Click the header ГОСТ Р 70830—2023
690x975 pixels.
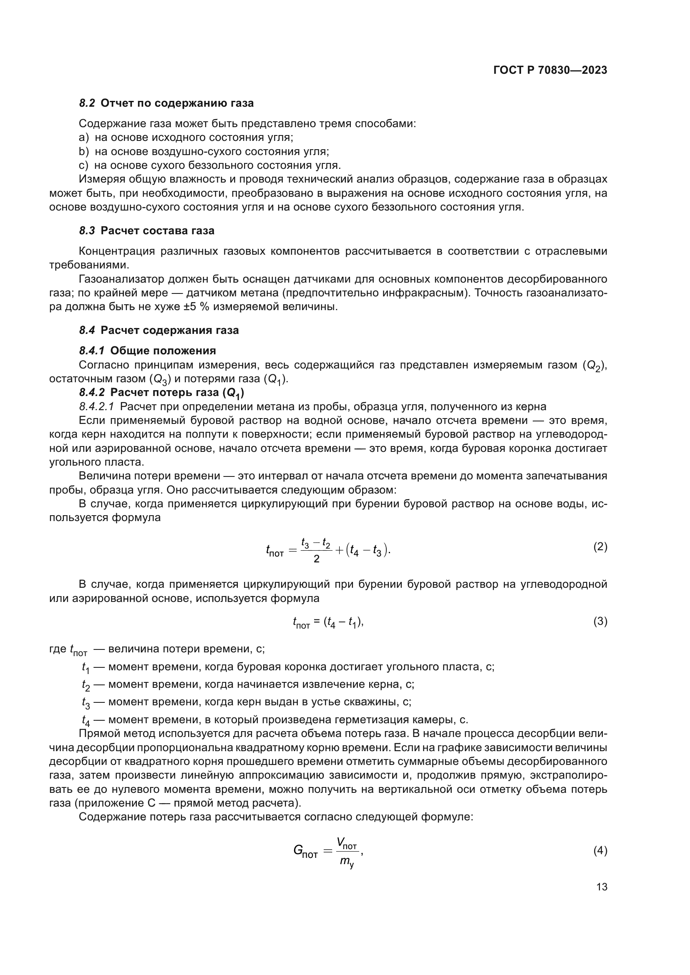click(x=550, y=70)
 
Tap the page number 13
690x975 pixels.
click(x=602, y=887)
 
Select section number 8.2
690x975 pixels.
click(x=87, y=103)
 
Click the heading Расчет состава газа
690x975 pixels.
click(x=157, y=231)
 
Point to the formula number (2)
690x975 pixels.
click(x=600, y=547)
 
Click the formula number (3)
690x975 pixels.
click(x=600, y=622)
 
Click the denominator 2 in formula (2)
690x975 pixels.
click(x=316, y=559)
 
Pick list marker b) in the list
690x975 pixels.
click(x=84, y=152)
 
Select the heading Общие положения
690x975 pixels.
click(x=163, y=351)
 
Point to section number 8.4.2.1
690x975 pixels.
click(x=96, y=407)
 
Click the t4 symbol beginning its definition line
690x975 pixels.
click(x=86, y=720)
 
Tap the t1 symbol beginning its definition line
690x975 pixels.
click(x=86, y=667)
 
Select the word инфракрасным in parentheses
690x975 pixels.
click(x=418, y=293)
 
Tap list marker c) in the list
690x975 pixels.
click(x=83, y=165)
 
